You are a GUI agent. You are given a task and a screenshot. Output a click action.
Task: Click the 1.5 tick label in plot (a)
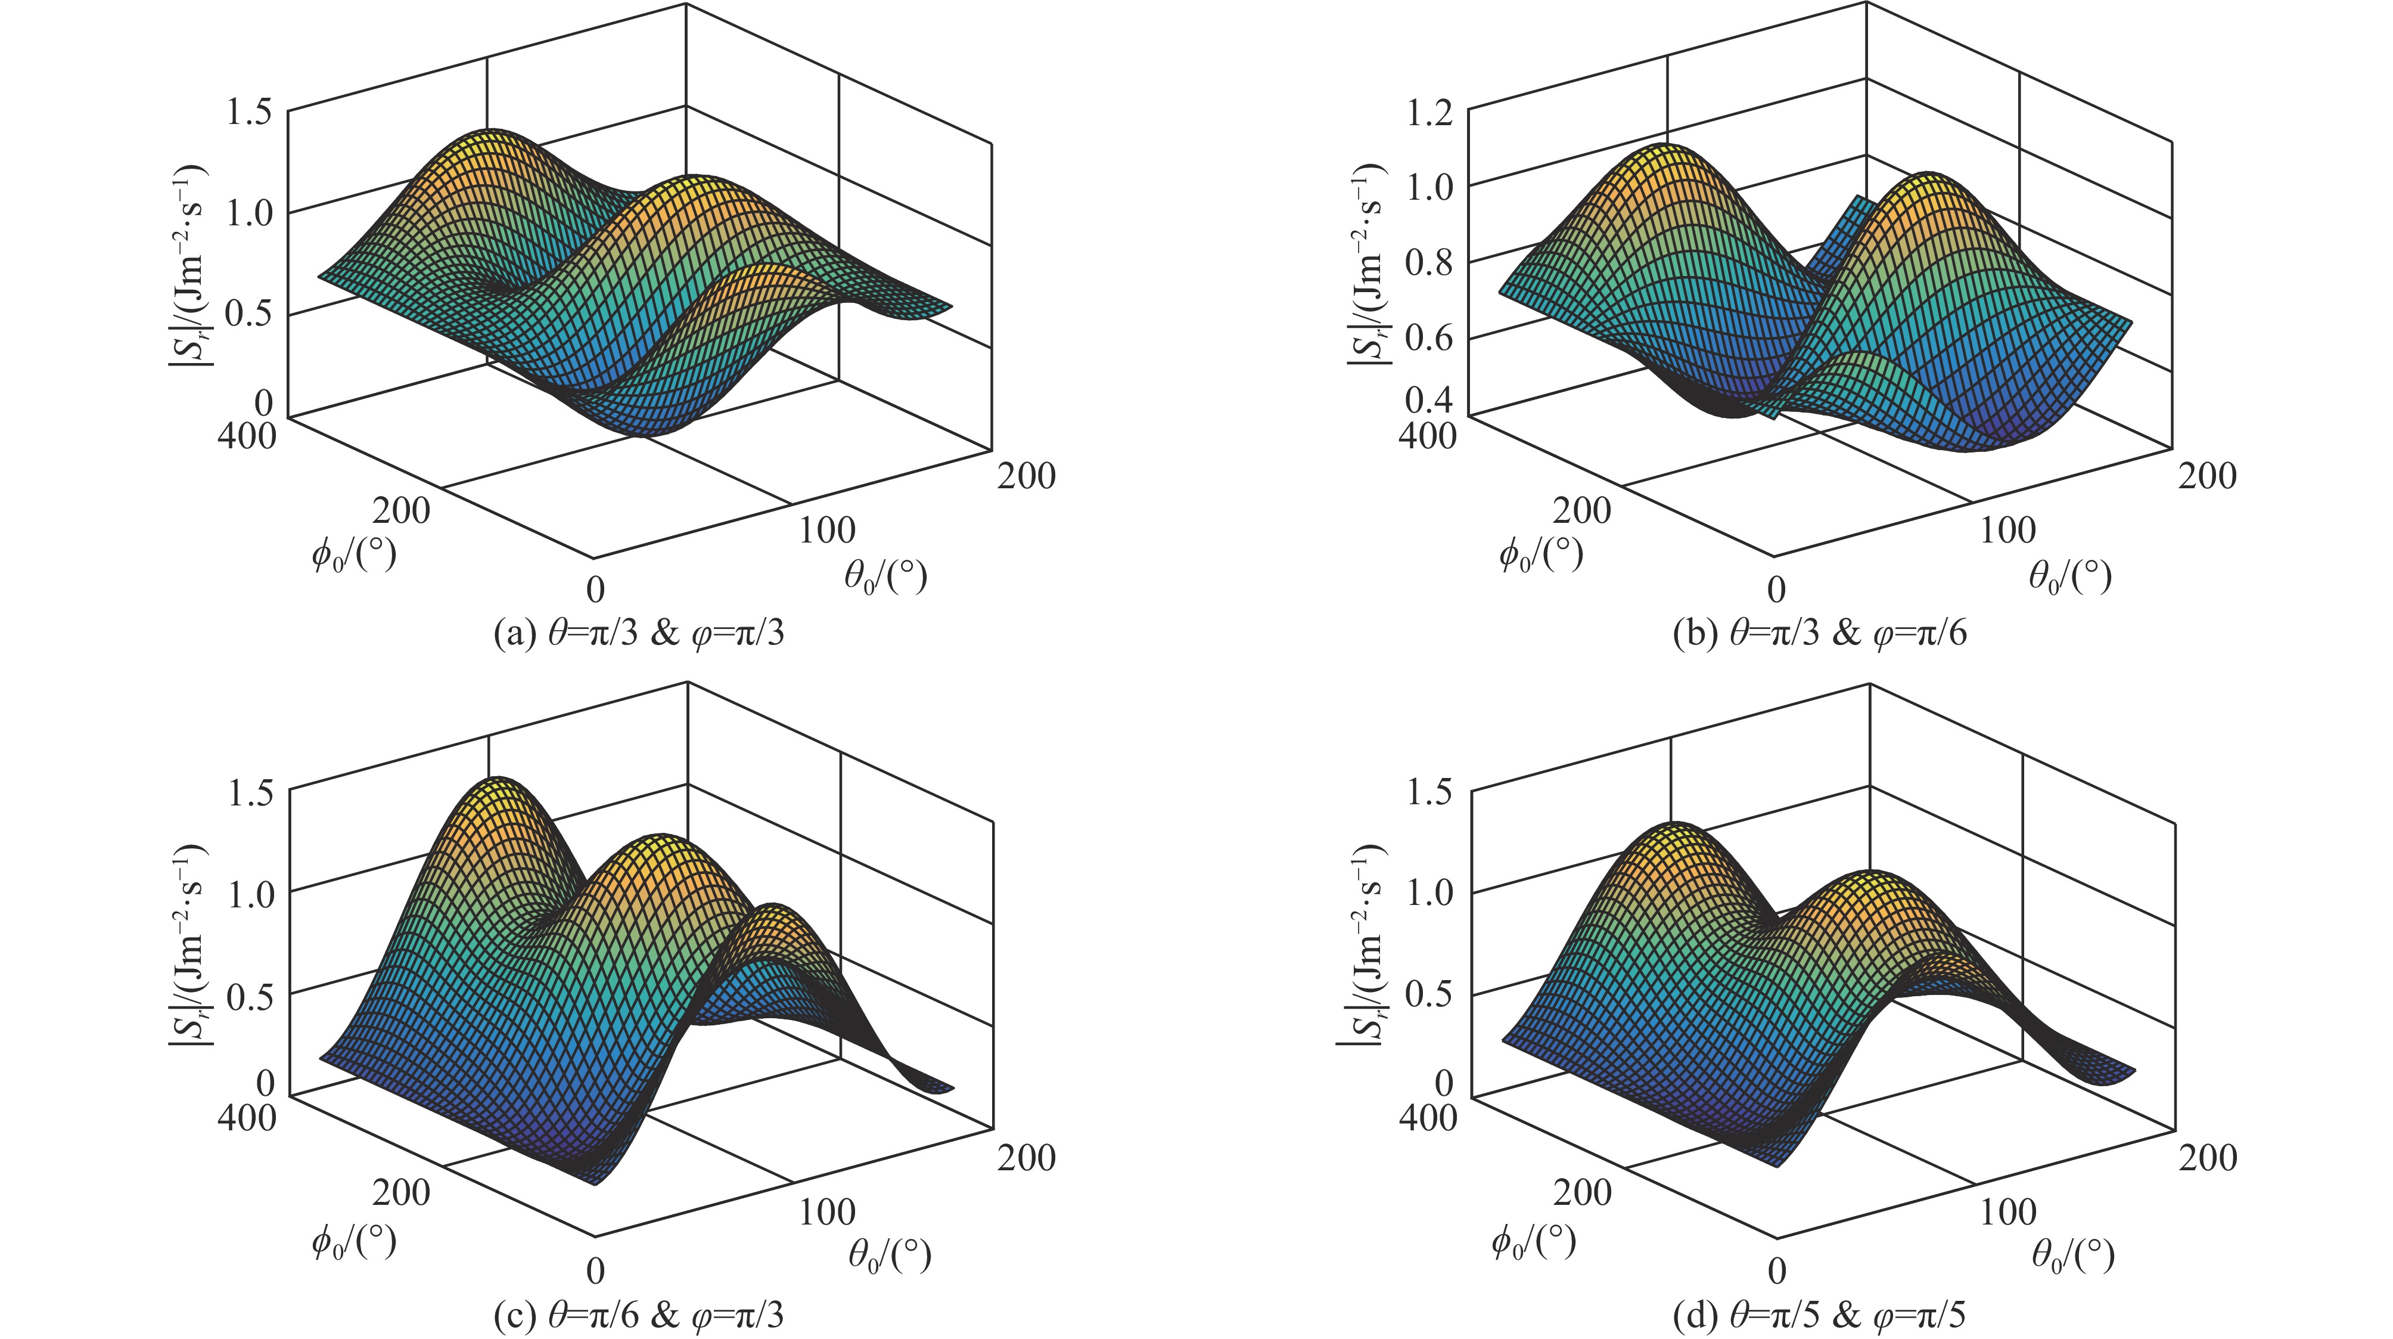click(x=249, y=113)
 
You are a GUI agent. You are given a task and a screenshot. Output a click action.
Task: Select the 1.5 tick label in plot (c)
click(x=249, y=794)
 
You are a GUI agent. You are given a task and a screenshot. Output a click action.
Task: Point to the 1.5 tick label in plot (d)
click(x=1431, y=794)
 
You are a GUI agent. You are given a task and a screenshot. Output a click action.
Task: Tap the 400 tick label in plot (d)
click(x=1428, y=1116)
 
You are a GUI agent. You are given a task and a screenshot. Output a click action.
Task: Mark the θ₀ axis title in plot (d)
click(x=2072, y=1256)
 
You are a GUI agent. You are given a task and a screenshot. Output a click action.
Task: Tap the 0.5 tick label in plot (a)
click(x=249, y=314)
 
